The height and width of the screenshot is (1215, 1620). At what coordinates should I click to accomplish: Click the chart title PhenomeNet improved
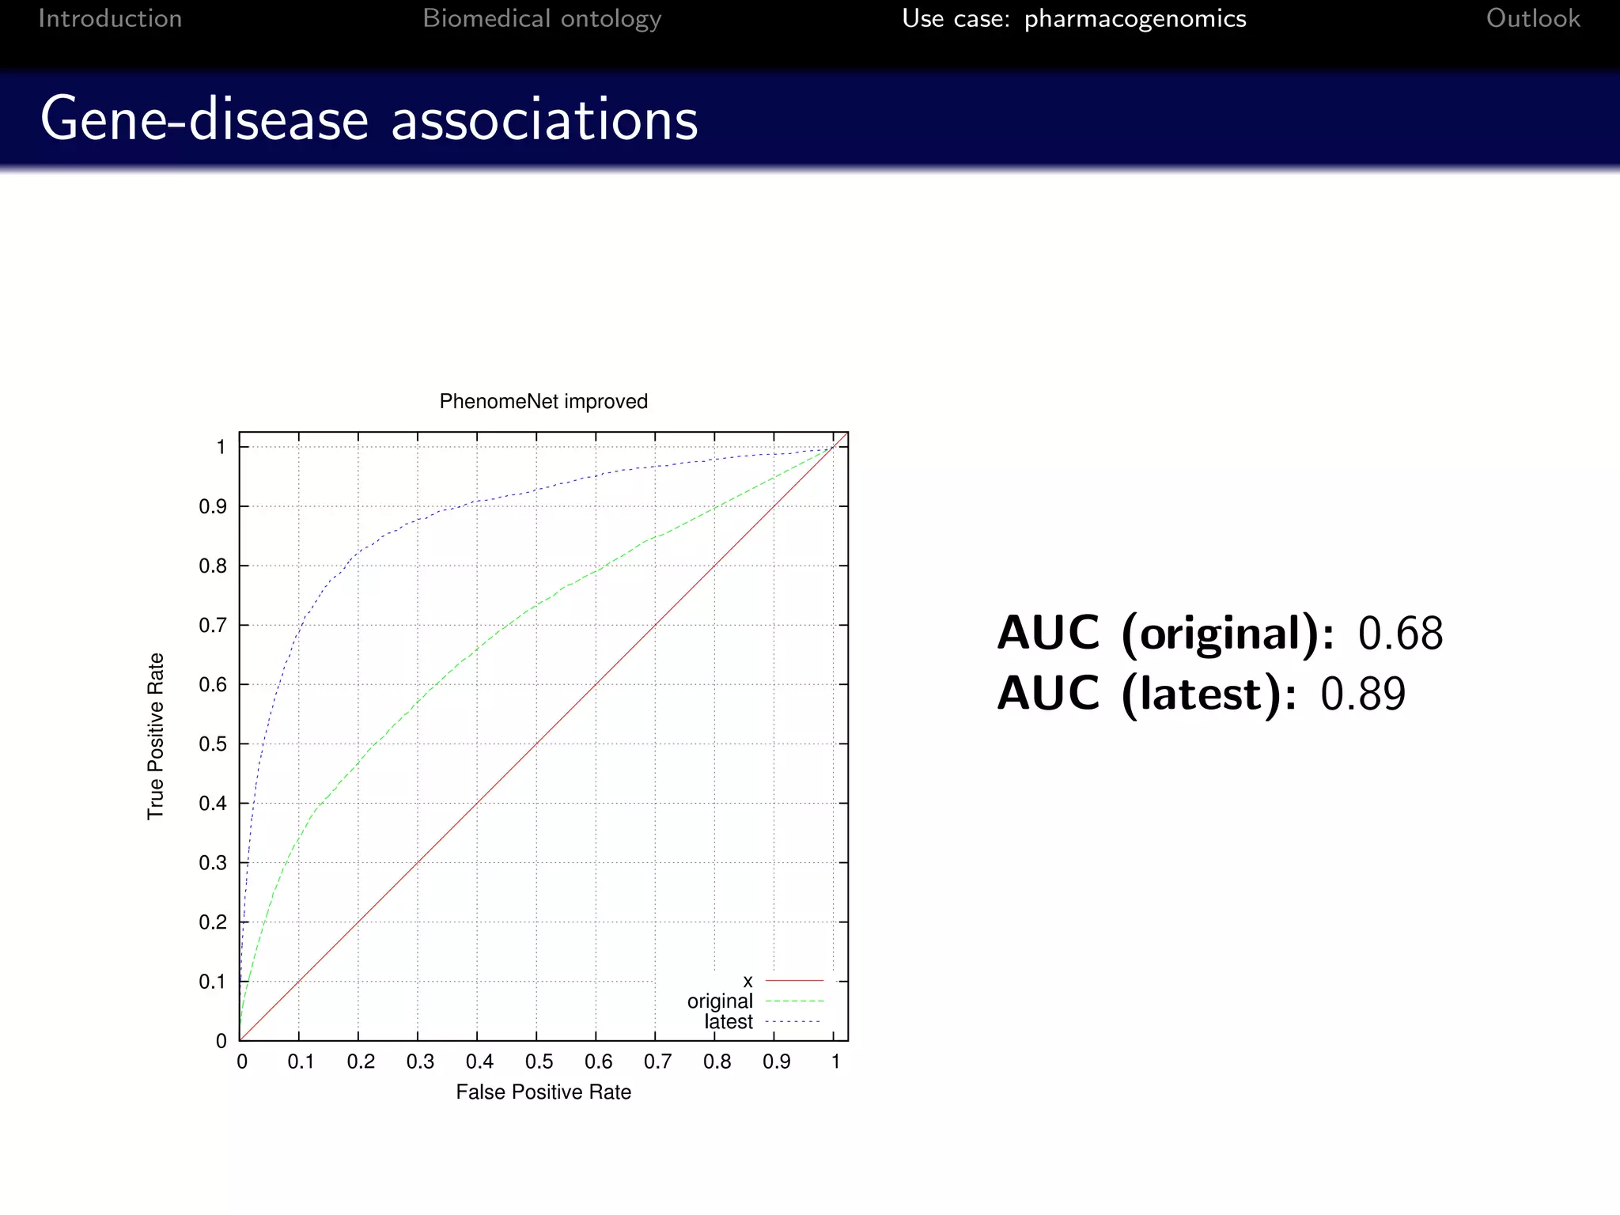[543, 402]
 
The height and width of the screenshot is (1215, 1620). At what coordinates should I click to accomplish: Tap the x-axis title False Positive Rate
[543, 1092]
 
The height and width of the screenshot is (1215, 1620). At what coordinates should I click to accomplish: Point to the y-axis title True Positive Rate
[156, 736]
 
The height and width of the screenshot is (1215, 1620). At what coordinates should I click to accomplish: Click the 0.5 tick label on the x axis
[539, 1062]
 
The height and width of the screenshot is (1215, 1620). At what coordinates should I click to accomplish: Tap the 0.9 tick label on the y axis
[212, 507]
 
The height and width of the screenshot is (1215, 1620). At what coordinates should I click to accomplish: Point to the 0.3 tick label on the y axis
[212, 863]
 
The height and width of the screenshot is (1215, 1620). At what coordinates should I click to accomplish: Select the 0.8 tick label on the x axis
[717, 1062]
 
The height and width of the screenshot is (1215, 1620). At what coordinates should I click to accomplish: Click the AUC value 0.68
[1400, 634]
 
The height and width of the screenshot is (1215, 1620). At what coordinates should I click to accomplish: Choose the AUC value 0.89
[1363, 694]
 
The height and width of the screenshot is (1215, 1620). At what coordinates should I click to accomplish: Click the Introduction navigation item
[110, 18]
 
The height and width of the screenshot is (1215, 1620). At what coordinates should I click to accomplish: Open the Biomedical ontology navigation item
[542, 18]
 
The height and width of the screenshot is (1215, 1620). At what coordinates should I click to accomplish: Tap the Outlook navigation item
[1533, 18]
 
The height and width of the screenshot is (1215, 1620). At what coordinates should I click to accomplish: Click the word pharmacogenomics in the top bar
[1135, 18]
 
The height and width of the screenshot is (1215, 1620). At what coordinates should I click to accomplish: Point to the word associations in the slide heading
[544, 119]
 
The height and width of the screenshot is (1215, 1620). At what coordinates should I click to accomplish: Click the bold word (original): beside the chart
[1228, 634]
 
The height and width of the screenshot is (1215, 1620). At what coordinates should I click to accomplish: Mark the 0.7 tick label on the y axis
[212, 626]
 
